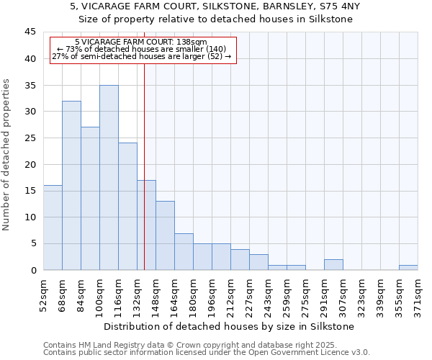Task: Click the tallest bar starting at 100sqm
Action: [109, 178]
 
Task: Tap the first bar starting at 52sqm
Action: [53, 228]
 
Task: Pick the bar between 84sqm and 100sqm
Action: [90, 199]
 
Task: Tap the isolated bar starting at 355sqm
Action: [408, 267]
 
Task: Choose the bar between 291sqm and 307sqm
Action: [333, 264]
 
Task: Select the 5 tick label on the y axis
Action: [32, 244]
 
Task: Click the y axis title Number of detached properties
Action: [7, 155]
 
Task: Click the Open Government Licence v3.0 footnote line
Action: [207, 353]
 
